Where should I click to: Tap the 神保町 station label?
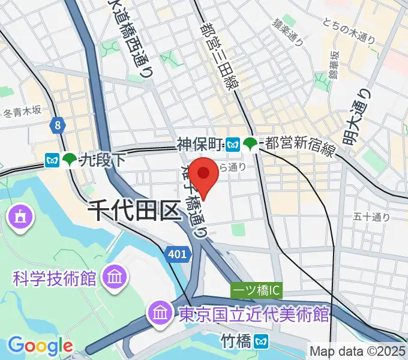click(200, 143)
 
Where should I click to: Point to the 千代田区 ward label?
click(134, 212)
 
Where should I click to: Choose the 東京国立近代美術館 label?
click(252, 313)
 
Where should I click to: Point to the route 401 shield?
click(178, 254)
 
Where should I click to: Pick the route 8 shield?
click(57, 125)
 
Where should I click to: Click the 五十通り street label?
click(373, 217)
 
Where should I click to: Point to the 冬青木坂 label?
click(22, 111)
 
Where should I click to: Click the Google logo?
click(40, 346)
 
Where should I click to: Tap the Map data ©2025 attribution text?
click(358, 350)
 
